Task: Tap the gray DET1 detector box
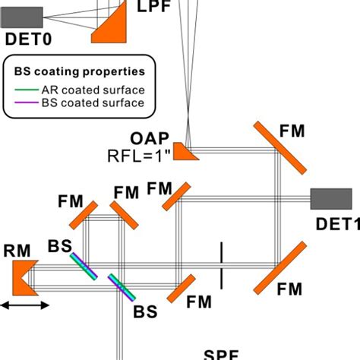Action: [331, 198]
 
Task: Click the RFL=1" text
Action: [138, 157]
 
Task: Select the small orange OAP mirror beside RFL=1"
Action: [188, 152]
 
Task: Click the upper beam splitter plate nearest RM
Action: [84, 267]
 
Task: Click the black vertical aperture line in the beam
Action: [221, 266]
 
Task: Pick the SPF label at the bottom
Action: [222, 355]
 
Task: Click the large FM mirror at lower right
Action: [280, 267]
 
